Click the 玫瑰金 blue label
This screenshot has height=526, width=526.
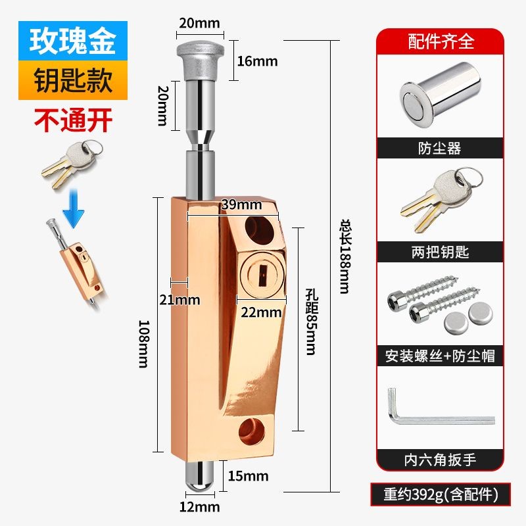click(73, 40)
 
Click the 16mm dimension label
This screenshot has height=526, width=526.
click(257, 61)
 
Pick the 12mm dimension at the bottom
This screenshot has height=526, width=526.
click(200, 506)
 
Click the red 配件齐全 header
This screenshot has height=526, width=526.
click(441, 41)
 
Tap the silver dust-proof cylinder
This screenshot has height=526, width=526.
click(439, 99)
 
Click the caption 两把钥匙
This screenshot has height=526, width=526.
click(440, 252)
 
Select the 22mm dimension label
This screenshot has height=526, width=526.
click(260, 312)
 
